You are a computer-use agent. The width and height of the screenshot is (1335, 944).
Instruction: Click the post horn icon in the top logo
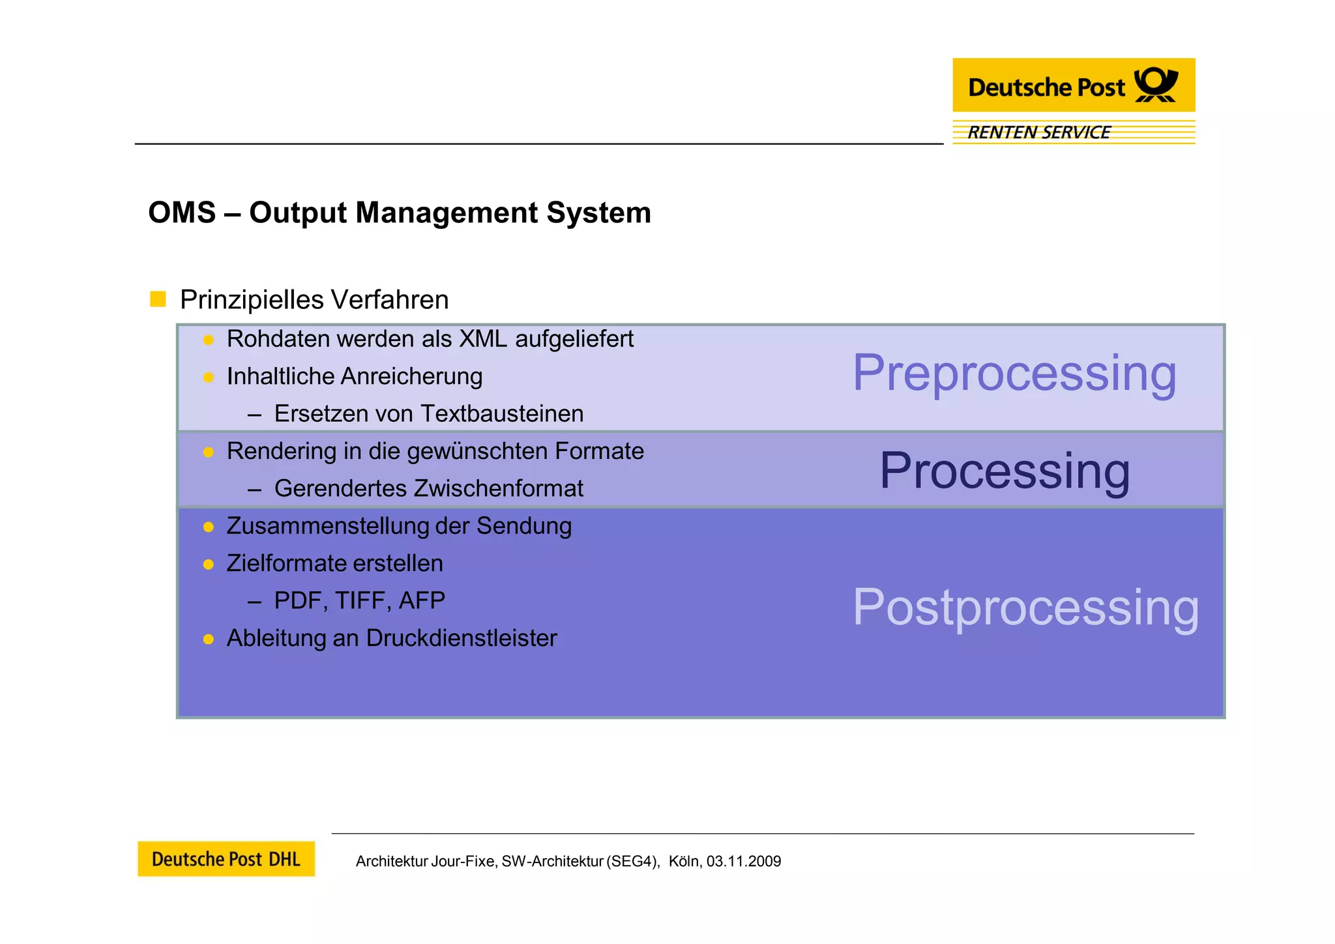[1156, 85]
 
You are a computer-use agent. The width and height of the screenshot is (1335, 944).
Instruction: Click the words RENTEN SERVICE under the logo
[1038, 132]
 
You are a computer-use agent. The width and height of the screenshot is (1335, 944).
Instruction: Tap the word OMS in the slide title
[182, 213]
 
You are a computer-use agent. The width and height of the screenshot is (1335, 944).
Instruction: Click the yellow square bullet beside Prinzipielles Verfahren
[158, 299]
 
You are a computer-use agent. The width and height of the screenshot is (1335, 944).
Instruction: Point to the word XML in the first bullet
[483, 339]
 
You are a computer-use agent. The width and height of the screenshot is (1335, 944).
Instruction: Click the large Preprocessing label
[1014, 373]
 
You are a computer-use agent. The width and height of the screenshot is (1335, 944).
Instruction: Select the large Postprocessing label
[1025, 607]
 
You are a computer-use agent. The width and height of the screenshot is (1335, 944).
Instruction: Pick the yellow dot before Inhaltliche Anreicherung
[209, 377]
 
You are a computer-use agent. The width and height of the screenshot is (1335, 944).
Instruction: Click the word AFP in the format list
[422, 600]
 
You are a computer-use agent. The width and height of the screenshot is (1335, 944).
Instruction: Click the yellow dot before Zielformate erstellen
[209, 565]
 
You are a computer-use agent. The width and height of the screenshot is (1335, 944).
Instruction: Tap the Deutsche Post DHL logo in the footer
[226, 859]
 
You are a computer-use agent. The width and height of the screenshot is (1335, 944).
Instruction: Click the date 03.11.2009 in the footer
[744, 861]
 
